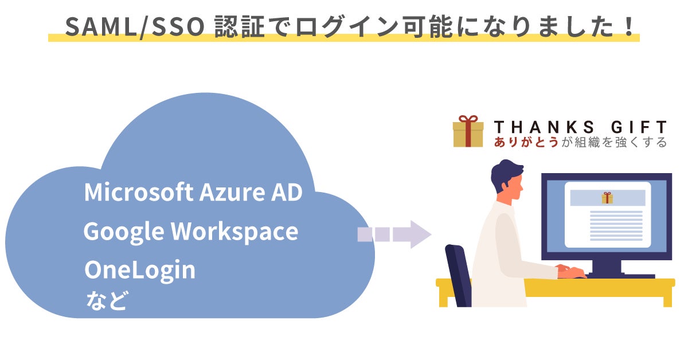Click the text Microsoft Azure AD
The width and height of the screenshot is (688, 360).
193,193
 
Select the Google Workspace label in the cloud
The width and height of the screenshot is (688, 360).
190,232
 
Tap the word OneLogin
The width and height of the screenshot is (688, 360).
140,270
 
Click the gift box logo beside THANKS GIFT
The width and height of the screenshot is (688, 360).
468,131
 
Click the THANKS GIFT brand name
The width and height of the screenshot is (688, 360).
580,127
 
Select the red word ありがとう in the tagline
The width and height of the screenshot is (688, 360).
526,142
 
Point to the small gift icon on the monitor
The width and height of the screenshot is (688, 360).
607,198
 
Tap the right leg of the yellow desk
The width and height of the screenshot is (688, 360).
667,297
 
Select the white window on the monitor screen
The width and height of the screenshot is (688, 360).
607,214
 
